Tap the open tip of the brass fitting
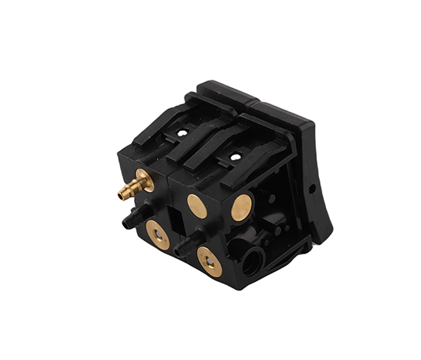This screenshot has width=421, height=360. [120, 195]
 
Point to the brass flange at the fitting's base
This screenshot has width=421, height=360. [144, 181]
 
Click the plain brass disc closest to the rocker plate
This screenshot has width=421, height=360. [241, 207]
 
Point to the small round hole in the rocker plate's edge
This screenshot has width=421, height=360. [311, 188]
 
